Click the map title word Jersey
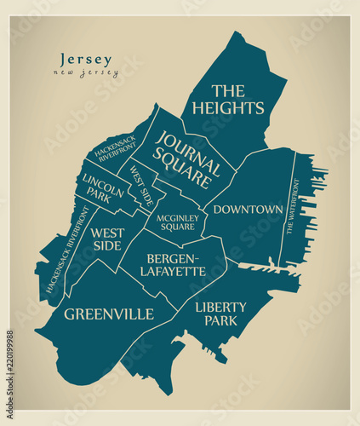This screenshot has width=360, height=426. tap(86, 60)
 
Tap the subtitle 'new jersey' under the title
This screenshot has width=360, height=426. tap(86, 73)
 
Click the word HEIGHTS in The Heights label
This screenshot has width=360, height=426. tap(227, 108)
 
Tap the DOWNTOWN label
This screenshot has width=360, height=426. tap(248, 209)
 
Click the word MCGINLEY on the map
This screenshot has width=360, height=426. tap(176, 217)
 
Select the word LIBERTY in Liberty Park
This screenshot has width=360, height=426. tap(220, 307)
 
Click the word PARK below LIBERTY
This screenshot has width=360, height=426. tap(220, 321)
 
